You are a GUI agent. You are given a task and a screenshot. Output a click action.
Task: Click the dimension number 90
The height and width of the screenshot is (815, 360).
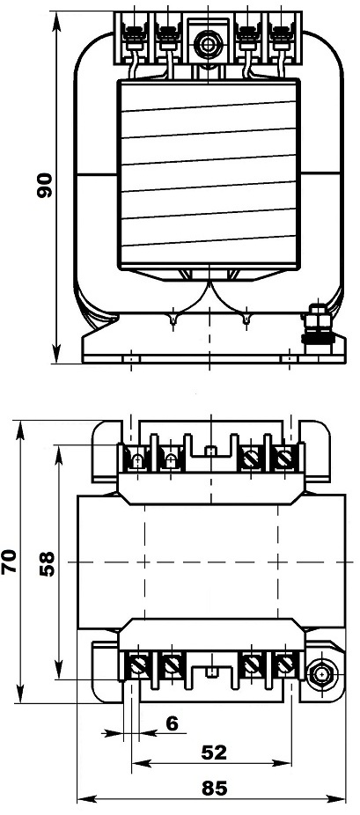[x=45, y=185]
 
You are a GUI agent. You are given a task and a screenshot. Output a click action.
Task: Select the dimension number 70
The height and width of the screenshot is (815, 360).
[x=10, y=562]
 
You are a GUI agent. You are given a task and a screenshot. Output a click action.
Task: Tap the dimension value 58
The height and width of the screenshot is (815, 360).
[x=47, y=564]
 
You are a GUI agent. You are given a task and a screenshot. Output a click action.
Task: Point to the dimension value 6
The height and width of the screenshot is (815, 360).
[x=172, y=722]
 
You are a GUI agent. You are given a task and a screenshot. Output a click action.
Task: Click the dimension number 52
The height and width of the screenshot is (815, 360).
[x=214, y=752]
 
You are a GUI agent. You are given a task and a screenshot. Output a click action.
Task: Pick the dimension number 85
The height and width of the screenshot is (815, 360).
[x=214, y=788]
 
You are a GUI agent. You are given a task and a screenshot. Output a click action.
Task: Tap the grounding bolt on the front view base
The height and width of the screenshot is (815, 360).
[x=315, y=329]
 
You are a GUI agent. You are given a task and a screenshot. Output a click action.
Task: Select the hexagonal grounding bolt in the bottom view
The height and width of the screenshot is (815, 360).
[x=321, y=675]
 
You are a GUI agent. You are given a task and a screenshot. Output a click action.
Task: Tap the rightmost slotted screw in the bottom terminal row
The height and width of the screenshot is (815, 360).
[x=284, y=664]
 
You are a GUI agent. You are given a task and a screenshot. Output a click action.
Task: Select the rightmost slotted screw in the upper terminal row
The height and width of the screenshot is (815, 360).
[x=284, y=459]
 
